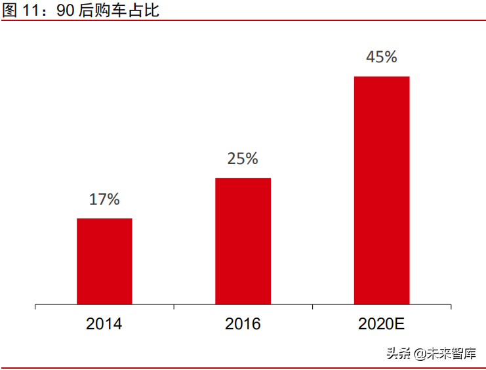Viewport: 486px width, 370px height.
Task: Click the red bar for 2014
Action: (x=104, y=261)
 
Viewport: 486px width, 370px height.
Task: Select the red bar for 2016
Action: (x=243, y=241)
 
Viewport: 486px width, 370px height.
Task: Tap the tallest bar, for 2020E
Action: (x=382, y=190)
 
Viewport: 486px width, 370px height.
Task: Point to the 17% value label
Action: (x=104, y=199)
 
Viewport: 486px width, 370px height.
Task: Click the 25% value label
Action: (x=243, y=159)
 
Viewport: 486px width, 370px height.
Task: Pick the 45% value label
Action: (x=382, y=57)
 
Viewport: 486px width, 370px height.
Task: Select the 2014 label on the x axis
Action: (x=104, y=324)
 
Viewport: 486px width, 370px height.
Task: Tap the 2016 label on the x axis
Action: (x=243, y=324)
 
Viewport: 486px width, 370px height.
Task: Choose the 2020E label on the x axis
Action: (x=382, y=324)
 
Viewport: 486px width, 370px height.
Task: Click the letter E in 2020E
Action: (x=400, y=324)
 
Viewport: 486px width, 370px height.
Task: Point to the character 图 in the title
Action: (x=10, y=10)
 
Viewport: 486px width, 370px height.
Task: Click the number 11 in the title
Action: (x=31, y=10)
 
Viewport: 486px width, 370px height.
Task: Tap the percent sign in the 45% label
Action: (x=390, y=57)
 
